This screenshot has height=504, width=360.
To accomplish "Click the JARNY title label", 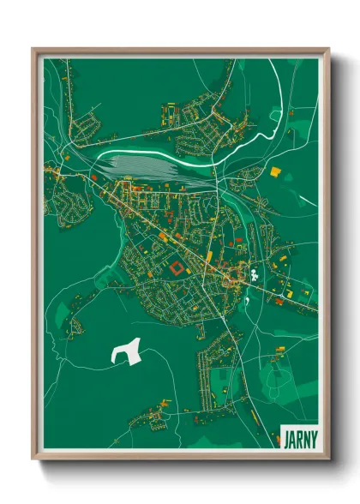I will [x=297, y=437].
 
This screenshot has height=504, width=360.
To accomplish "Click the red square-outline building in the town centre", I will [x=175, y=268].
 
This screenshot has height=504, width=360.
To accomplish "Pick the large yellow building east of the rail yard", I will [x=275, y=171].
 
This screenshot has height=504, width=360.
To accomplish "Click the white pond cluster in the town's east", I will [x=255, y=276].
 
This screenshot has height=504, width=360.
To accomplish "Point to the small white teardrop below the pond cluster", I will [x=247, y=300].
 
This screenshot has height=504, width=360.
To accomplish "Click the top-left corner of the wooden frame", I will [x=33, y=50].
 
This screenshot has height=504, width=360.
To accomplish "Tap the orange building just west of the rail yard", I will [x=93, y=177].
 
